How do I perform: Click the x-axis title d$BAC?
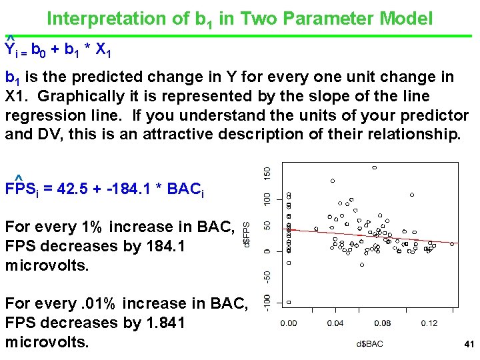pos(369,345)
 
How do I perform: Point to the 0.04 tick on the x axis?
pos(335,323)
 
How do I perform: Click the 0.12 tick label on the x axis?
pos(429,323)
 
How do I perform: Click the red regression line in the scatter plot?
pos(373,234)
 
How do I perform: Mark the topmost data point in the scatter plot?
pos(375,167)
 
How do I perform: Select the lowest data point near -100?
pos(289,302)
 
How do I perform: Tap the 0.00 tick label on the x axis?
pos(289,323)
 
